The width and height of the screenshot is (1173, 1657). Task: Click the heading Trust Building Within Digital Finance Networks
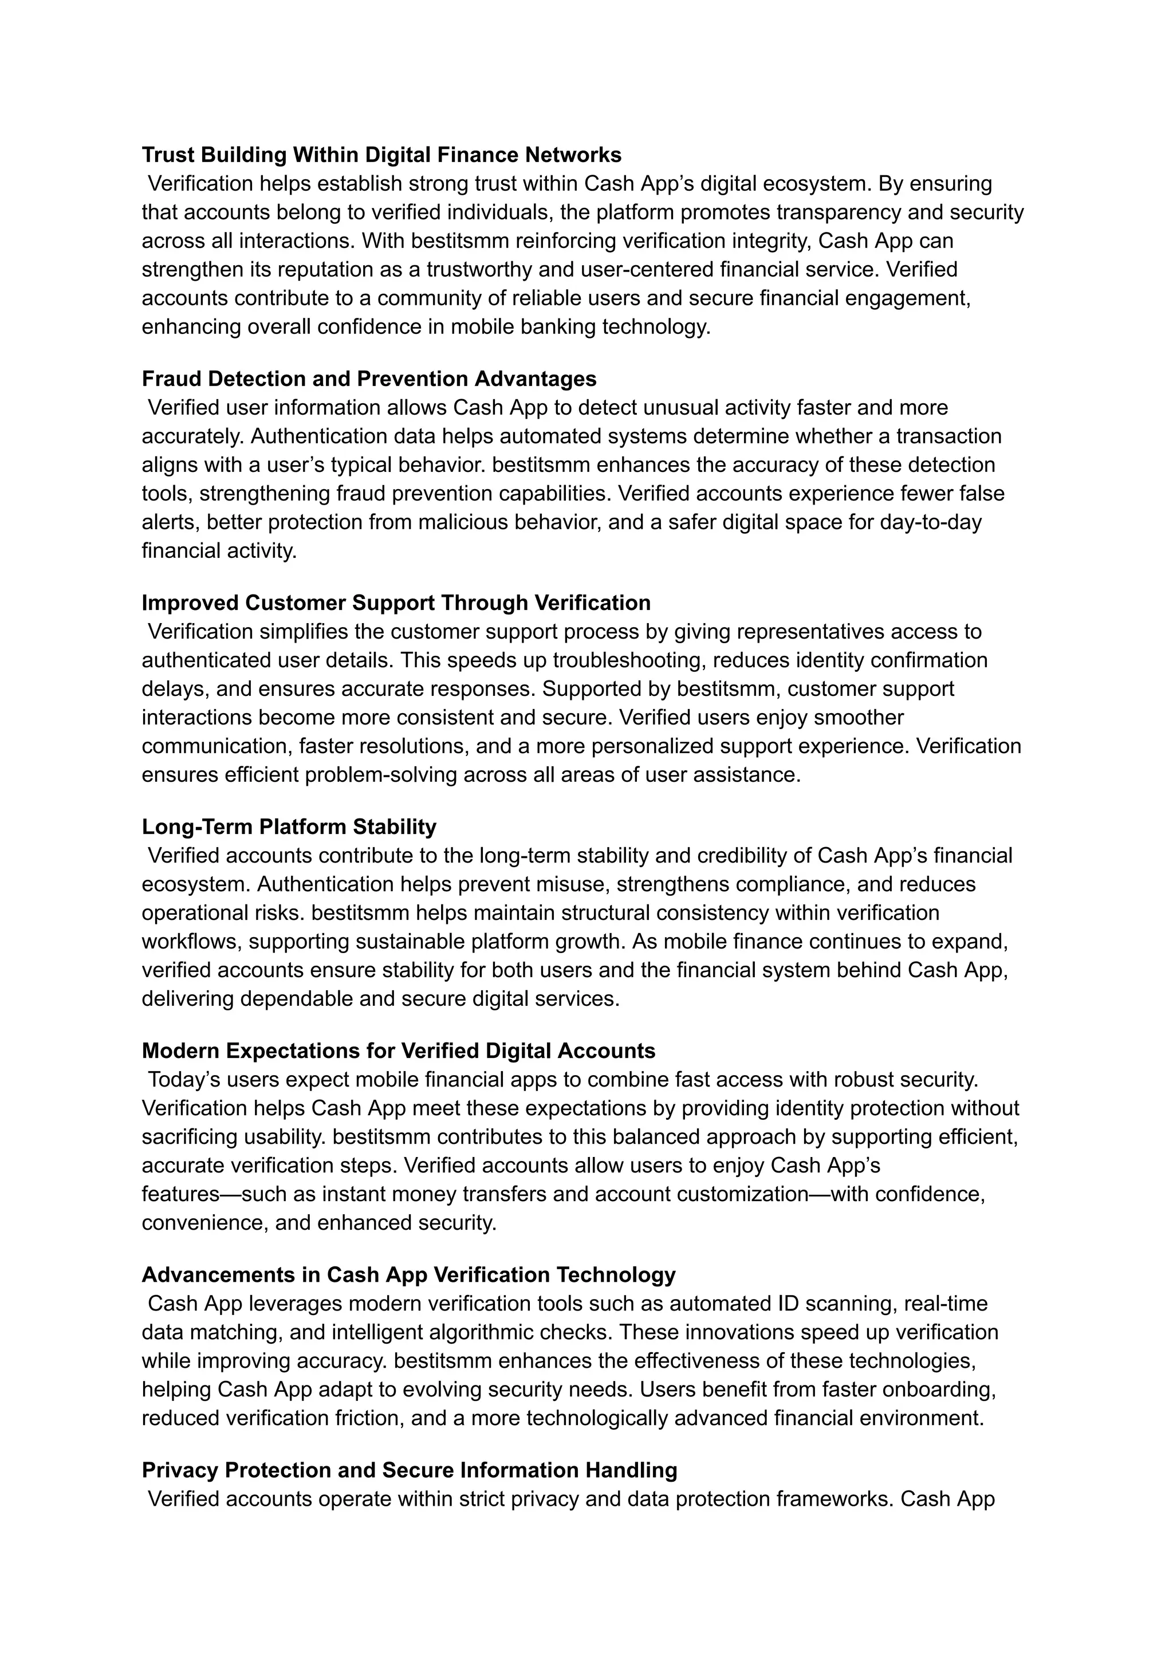381,155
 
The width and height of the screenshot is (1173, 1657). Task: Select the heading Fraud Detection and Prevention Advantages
368,379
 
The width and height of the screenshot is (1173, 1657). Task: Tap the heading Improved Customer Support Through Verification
396,603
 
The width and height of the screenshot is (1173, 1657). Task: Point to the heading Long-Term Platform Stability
289,826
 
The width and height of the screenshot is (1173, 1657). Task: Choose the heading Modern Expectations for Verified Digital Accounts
398,1050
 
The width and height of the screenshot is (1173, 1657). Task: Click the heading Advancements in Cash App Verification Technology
408,1274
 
